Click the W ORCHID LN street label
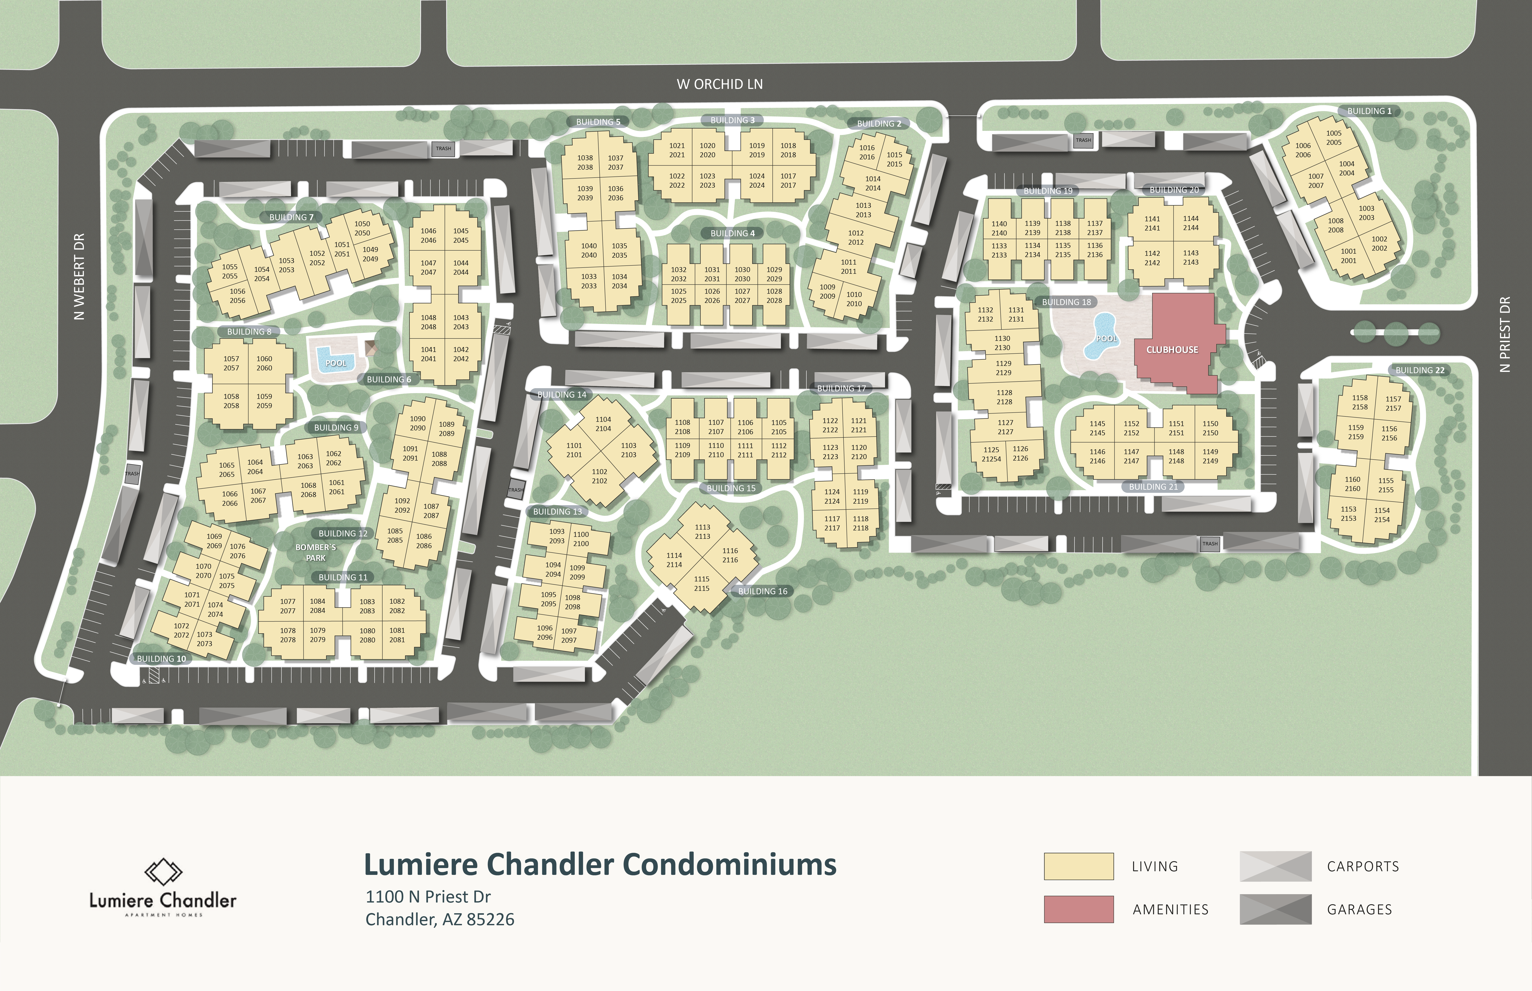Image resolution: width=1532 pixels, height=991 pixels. click(x=720, y=84)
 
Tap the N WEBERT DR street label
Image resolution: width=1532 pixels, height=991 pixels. click(x=79, y=277)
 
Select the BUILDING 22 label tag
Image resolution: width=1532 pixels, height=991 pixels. click(x=1420, y=370)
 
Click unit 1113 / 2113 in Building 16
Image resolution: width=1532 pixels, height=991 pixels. click(x=702, y=531)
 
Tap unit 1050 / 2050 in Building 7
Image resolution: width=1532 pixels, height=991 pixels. click(x=362, y=228)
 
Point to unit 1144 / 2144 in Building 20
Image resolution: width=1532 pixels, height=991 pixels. click(x=1191, y=223)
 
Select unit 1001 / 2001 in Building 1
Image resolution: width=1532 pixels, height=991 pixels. click(x=1349, y=256)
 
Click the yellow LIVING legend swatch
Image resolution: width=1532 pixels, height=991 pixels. click(x=1079, y=866)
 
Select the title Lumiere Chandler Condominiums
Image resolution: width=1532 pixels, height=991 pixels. click(x=600, y=864)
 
